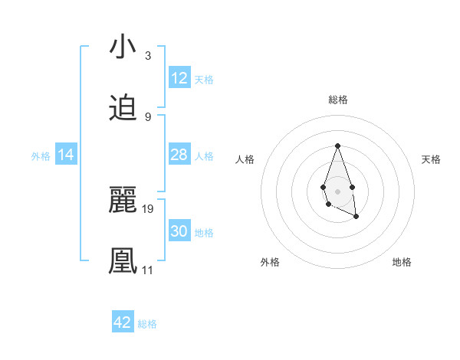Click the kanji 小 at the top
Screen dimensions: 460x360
[123, 47]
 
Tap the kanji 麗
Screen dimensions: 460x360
[123, 201]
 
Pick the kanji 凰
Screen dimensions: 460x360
[123, 261]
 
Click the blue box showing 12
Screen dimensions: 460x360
[179, 78]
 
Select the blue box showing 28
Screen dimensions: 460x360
[179, 155]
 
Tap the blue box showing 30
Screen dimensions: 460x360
[179, 231]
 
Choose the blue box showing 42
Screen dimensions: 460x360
[123, 322]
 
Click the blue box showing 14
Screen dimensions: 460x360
[66, 155]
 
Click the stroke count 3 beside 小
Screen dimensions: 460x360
[148, 56]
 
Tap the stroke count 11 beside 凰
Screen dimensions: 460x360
[147, 270]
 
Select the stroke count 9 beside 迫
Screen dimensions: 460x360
[148, 116]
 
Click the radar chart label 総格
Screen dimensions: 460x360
[337, 100]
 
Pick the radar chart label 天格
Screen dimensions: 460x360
[431, 159]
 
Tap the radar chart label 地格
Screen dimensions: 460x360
[402, 262]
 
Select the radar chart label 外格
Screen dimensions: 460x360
[270, 262]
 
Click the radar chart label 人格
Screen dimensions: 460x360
[245, 159]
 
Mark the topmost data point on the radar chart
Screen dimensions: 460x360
[337, 146]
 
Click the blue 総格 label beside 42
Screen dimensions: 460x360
[147, 323]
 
